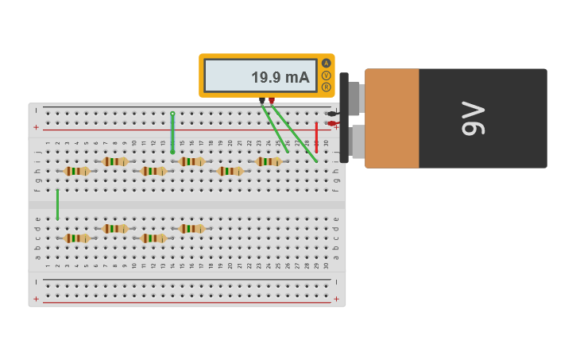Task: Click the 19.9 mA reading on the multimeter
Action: click(280, 77)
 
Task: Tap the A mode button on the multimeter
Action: click(326, 64)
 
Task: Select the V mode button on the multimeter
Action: click(326, 75)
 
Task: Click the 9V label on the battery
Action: click(472, 118)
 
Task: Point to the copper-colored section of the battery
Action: click(392, 118)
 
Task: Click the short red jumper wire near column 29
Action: click(316, 136)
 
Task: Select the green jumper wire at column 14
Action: click(172, 132)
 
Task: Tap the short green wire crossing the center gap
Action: click(57, 203)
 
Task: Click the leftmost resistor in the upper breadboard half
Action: click(77, 171)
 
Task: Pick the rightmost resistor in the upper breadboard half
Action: click(268, 161)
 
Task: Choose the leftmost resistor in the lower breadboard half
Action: click(77, 238)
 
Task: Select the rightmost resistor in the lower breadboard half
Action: click(191, 228)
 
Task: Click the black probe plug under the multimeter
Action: click(262, 100)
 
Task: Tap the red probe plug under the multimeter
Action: click(272, 100)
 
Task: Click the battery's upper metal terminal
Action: click(355, 99)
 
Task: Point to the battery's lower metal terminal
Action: click(358, 141)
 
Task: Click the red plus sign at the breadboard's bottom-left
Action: click(36, 299)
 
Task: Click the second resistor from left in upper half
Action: click(115, 161)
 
